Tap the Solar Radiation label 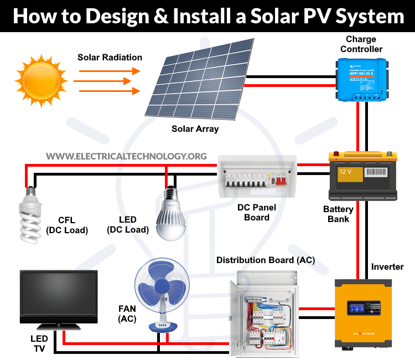click(110, 57)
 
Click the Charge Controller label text click(361, 44)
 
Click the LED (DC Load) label click(128, 225)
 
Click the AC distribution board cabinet click(263, 312)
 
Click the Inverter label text click(387, 267)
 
